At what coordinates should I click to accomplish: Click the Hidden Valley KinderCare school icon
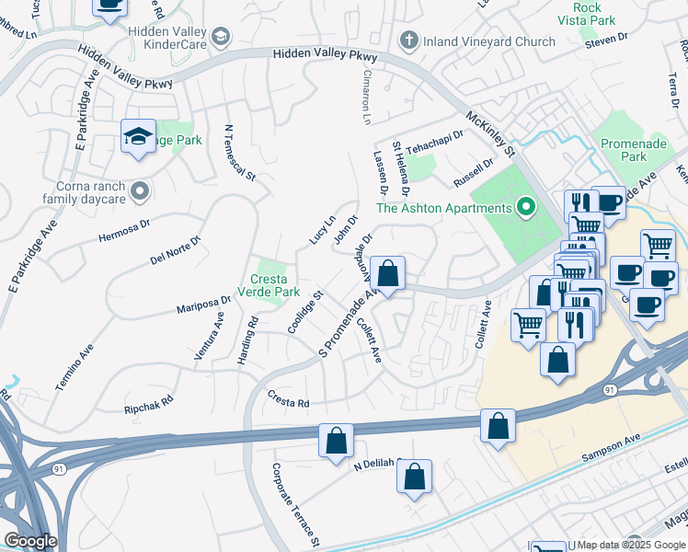click(x=220, y=37)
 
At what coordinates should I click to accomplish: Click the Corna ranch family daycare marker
click(x=140, y=190)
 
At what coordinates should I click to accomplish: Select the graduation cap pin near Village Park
click(x=138, y=138)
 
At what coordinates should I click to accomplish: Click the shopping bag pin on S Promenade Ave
click(x=388, y=273)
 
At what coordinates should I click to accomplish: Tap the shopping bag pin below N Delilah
click(x=414, y=477)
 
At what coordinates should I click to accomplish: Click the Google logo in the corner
click(x=29, y=541)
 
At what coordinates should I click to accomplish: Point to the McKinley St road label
click(x=493, y=132)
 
